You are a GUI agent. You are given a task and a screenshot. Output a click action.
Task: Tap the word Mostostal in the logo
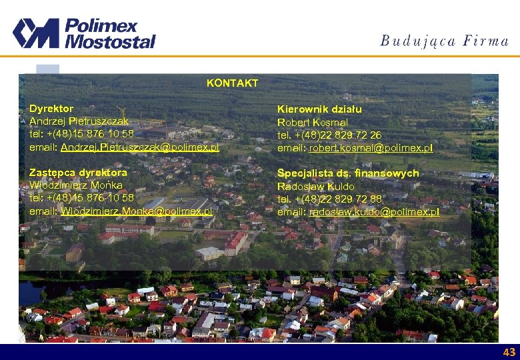click(110, 41)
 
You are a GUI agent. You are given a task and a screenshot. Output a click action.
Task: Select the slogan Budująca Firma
click(444, 41)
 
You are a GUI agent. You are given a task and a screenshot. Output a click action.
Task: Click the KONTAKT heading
click(232, 83)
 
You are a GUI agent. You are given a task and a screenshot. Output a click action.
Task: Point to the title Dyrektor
click(51, 108)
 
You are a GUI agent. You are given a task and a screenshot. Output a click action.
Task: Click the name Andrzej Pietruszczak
click(79, 121)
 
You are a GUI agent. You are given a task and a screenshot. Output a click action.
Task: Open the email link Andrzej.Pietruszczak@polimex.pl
click(139, 147)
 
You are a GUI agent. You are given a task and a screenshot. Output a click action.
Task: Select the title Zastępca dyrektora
click(78, 173)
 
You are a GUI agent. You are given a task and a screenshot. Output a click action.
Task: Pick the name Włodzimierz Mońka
click(75, 185)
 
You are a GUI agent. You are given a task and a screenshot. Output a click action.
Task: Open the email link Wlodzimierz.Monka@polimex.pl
click(136, 211)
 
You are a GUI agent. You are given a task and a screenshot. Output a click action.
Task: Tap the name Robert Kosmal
click(313, 123)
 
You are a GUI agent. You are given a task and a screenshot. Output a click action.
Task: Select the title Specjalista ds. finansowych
click(348, 173)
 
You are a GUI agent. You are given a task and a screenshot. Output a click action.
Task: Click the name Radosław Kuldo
click(315, 187)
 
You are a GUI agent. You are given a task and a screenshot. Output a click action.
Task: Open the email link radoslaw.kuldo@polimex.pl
click(373, 211)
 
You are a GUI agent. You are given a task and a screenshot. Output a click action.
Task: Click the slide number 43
click(509, 352)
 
